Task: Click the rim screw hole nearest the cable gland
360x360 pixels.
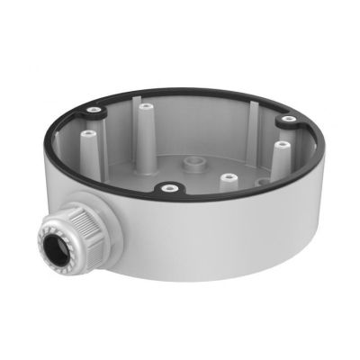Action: click(167, 189)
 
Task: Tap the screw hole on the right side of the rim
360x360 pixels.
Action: click(287, 118)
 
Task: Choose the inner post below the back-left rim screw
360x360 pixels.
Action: click(89, 144)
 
